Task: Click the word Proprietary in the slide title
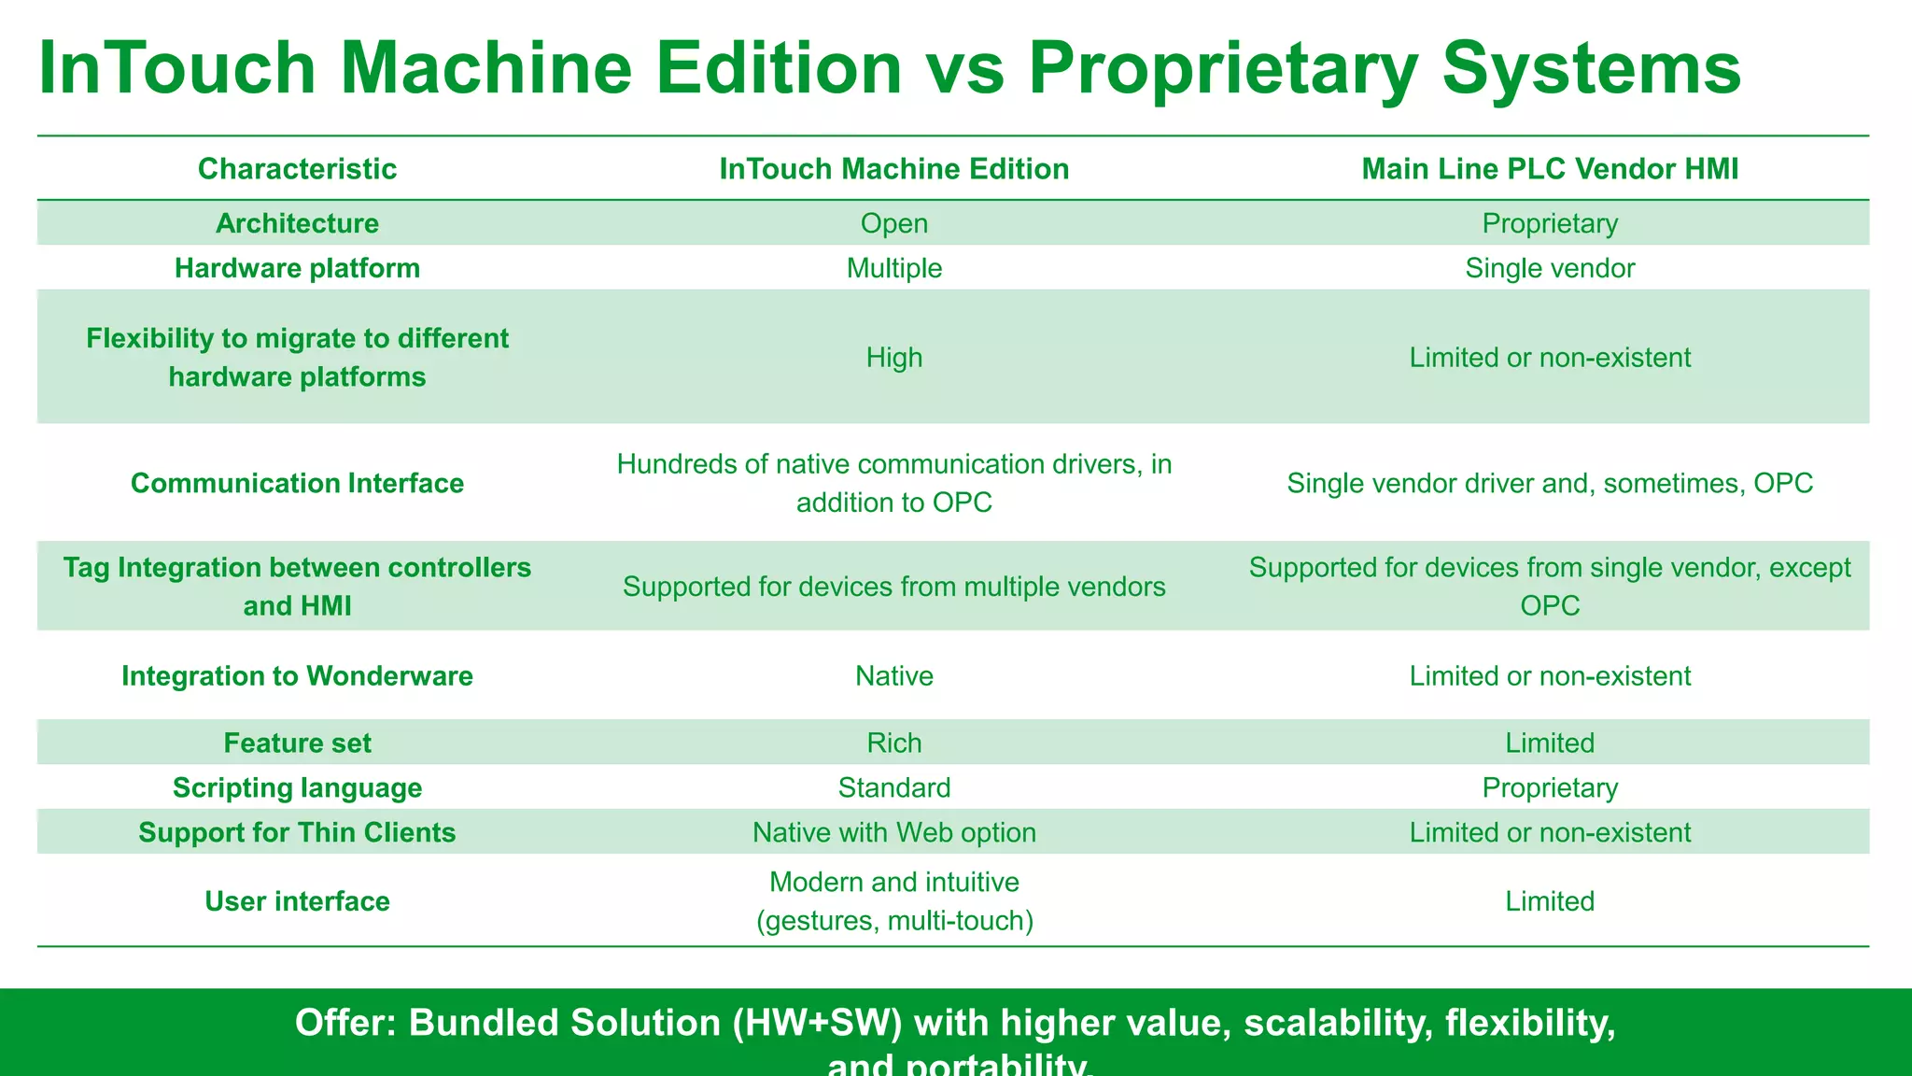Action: point(1223,68)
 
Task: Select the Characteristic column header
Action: point(297,169)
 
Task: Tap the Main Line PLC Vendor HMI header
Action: point(1550,169)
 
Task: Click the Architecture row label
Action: point(297,223)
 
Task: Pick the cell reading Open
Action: point(893,223)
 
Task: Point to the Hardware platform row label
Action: point(297,268)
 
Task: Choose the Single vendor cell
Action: point(1550,268)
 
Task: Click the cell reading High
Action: point(893,358)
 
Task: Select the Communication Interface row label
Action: point(297,483)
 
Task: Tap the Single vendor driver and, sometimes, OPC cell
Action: point(1550,483)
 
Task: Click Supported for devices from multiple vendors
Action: point(893,587)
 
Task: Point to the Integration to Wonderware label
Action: point(297,676)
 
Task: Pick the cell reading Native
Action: point(893,676)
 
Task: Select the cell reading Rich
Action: point(893,743)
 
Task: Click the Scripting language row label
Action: point(297,788)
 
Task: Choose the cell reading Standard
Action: point(893,788)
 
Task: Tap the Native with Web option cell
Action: point(893,833)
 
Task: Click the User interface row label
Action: point(297,901)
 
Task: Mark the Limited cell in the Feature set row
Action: point(1550,743)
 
